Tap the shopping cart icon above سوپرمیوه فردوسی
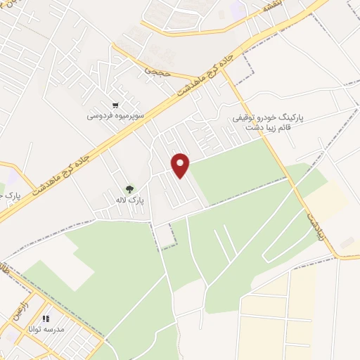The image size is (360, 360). click(x=115, y=104)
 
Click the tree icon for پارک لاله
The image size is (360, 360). click(x=129, y=188)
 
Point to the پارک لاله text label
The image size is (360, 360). click(x=131, y=200)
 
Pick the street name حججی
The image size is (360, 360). click(x=153, y=71)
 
